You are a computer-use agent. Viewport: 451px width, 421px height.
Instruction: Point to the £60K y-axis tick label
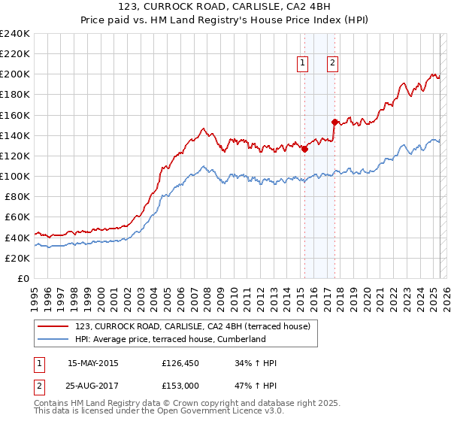(17, 217)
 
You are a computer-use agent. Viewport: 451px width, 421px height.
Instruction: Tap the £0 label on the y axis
(24, 278)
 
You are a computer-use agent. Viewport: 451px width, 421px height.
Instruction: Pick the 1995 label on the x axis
(34, 294)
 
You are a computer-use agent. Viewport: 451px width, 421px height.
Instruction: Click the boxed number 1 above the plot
(303, 64)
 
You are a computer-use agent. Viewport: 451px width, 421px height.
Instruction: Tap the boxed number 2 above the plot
(331, 64)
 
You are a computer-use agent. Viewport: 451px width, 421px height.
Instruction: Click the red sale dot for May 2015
(304, 149)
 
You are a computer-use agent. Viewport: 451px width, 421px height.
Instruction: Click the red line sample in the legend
(53, 326)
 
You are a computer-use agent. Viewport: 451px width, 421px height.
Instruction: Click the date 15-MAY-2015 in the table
(93, 364)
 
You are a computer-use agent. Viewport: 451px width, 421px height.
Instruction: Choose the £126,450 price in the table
(181, 364)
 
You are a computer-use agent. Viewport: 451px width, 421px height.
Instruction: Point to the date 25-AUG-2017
(93, 385)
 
